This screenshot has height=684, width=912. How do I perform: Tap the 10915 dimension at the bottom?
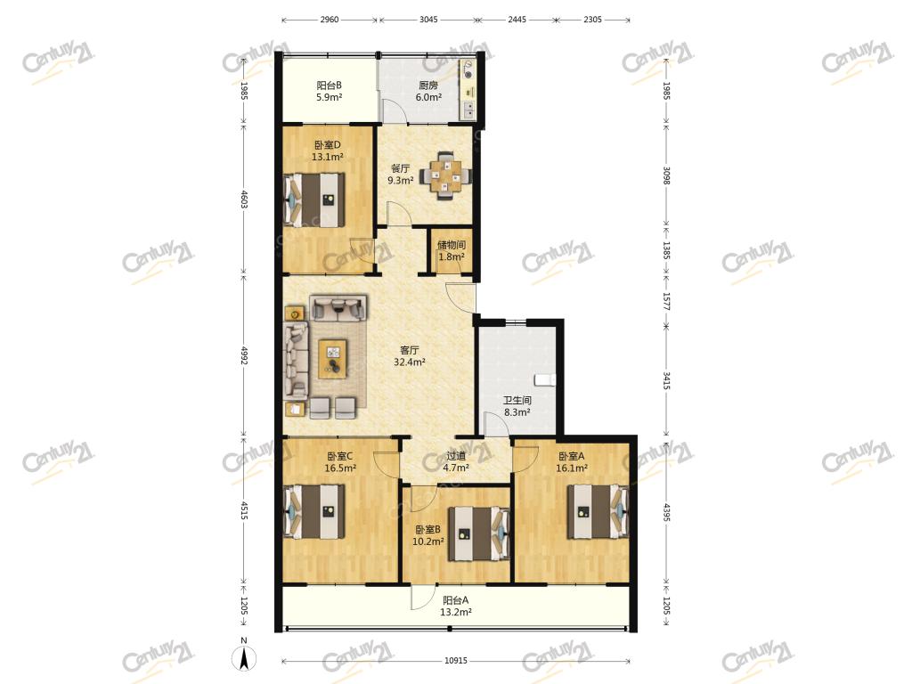pos(455,661)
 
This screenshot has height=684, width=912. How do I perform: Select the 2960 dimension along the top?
pos(330,20)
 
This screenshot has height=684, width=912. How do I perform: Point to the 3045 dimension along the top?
pos(428,20)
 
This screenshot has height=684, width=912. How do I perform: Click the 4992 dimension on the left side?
pos(244,355)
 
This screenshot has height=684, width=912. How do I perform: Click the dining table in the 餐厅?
pos(445,175)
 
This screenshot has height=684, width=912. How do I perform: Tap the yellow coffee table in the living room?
pos(333,359)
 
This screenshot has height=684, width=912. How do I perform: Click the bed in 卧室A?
pos(598,511)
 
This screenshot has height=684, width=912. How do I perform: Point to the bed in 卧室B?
pos(479,534)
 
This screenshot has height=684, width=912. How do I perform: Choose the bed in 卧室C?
pos(313,512)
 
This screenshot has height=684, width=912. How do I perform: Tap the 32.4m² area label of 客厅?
pos(410,362)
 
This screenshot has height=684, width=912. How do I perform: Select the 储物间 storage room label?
pos(452,245)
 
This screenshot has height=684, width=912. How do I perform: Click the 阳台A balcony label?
pos(455,599)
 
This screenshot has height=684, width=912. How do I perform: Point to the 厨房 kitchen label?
pos(428,85)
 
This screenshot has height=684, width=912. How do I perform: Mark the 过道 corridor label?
pos(456,455)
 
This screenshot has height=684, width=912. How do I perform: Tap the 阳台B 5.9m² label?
pos(330,92)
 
